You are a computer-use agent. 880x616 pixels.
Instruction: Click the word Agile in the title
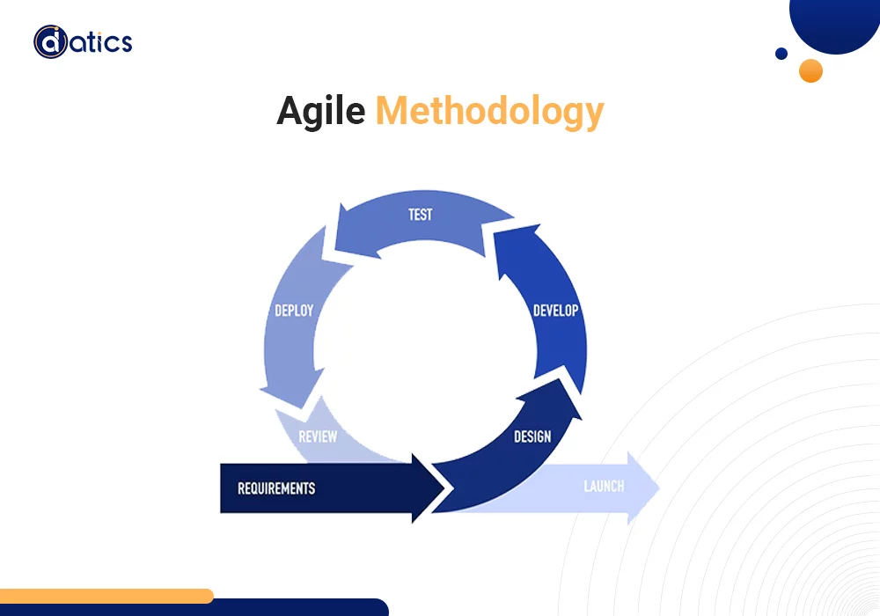coord(320,112)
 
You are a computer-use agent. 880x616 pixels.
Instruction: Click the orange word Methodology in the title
coord(489,113)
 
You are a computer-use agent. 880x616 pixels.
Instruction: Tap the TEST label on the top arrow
coord(421,214)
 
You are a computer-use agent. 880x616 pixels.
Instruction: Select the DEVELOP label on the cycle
coord(556,311)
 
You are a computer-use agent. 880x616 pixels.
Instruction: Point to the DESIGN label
coord(532,436)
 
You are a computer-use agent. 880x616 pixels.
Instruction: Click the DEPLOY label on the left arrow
coord(294,311)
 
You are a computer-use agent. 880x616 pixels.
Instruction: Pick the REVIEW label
coord(318,436)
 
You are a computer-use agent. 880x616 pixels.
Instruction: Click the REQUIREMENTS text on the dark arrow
coord(276,488)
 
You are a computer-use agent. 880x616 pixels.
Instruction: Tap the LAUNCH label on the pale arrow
coord(604,487)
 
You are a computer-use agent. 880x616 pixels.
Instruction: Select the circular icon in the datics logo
coord(50,41)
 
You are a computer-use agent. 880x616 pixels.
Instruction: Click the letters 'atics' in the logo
coord(99,41)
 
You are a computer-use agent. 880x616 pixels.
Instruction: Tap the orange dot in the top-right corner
coord(810,70)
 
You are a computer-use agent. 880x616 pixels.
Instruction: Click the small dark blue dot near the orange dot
coord(781,54)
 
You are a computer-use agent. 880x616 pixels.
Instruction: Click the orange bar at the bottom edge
coord(106,596)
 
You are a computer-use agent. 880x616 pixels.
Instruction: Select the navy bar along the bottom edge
coord(290,608)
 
